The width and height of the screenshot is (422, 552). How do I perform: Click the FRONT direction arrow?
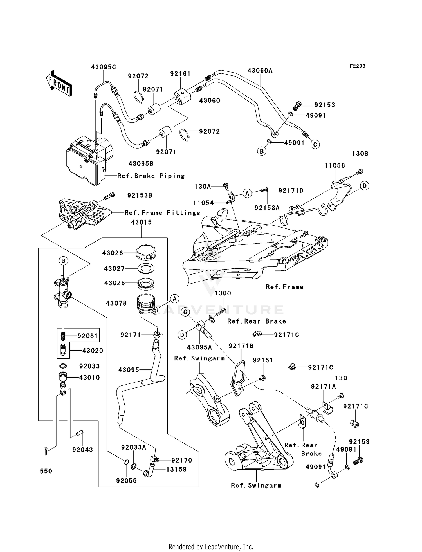click(59, 83)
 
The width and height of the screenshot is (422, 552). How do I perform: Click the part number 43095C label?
click(103, 67)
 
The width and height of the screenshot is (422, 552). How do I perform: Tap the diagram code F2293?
click(357, 66)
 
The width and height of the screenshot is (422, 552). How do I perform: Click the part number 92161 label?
click(180, 74)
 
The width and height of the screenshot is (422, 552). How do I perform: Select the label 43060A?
click(260, 71)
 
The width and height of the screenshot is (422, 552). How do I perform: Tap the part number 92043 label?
click(82, 450)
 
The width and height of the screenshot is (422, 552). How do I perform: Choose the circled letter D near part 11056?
click(364, 186)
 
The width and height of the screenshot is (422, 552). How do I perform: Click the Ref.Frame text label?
click(284, 287)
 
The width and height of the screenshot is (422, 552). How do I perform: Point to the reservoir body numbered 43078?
click(145, 303)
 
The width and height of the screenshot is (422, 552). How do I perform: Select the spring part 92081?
click(63, 336)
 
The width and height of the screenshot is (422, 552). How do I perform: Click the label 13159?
click(176, 469)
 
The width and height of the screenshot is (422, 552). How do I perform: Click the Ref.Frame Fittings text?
click(162, 213)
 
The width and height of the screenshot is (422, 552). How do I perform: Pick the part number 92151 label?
click(263, 360)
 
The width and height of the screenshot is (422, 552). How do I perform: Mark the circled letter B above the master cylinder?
click(63, 261)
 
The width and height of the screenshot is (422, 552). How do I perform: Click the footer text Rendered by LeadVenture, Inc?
click(211, 547)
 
